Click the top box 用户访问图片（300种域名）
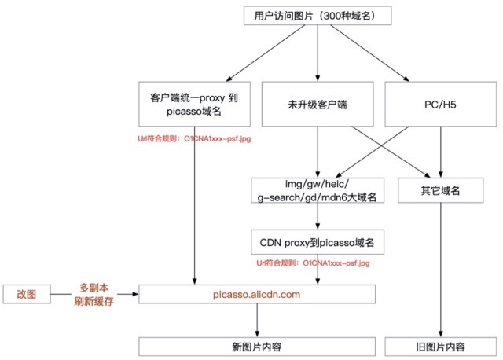317,16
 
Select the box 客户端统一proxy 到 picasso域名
194,105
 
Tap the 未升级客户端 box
317,105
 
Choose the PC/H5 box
441,105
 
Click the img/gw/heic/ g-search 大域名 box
317,190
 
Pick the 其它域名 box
441,190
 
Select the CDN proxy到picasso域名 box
317,241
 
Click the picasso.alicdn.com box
257,294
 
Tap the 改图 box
27,294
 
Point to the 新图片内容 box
257,347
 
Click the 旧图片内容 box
441,347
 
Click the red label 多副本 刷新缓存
94,294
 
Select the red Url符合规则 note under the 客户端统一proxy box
194,139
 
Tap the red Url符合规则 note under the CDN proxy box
317,263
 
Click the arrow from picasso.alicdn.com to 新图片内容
257,321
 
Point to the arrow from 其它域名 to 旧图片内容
441,267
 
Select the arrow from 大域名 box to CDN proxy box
317,216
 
